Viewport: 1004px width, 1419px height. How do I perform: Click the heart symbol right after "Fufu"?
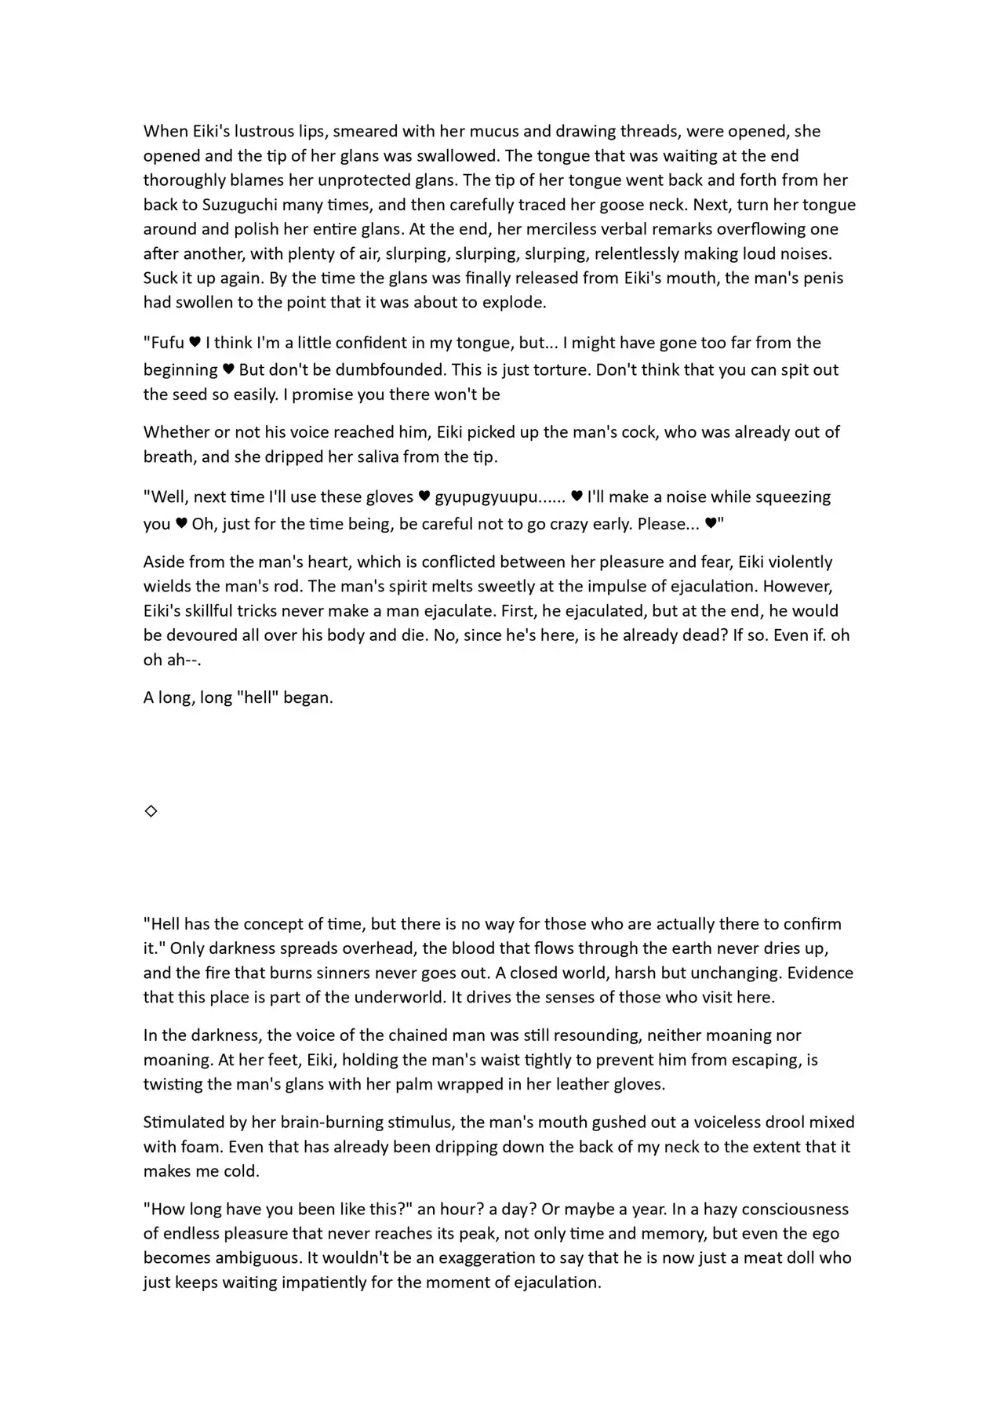coord(195,342)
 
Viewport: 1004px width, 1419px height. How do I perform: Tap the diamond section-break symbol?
coord(151,810)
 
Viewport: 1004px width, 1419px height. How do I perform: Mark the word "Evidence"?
coord(820,973)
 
